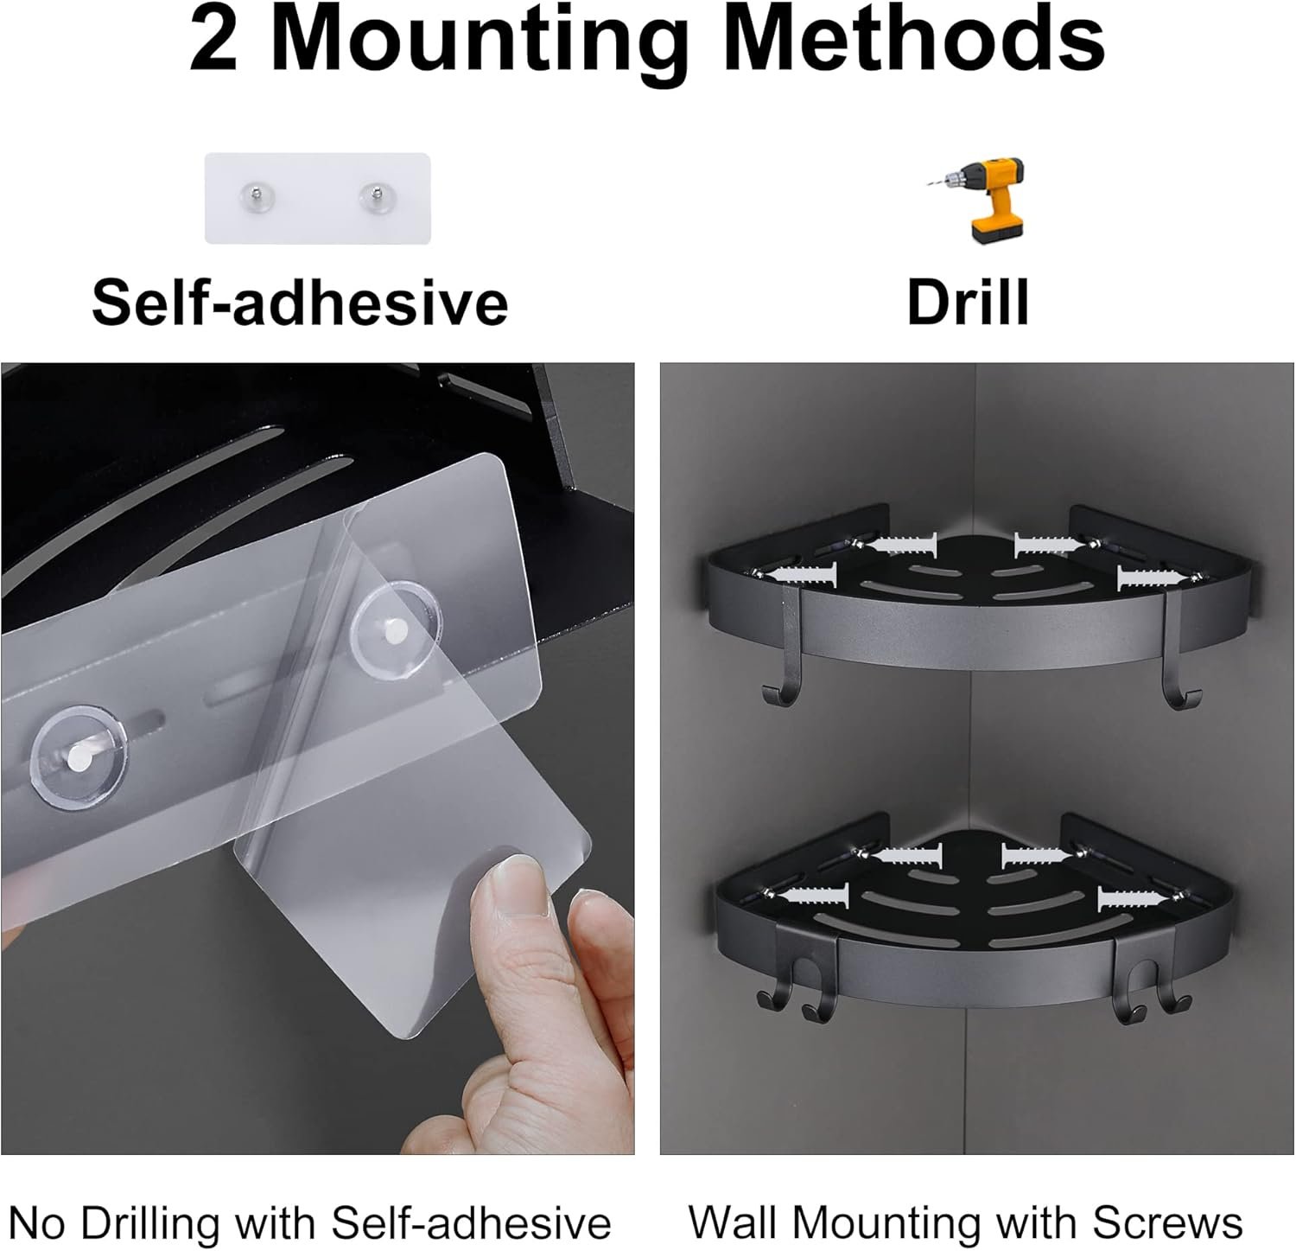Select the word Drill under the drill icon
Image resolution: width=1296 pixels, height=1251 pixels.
969,302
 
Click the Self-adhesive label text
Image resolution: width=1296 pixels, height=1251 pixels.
300,302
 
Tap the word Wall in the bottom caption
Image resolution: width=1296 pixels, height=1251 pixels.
735,1222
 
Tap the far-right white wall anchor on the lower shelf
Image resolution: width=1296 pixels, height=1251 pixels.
1140,898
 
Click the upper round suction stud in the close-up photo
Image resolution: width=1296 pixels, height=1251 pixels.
396,623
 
